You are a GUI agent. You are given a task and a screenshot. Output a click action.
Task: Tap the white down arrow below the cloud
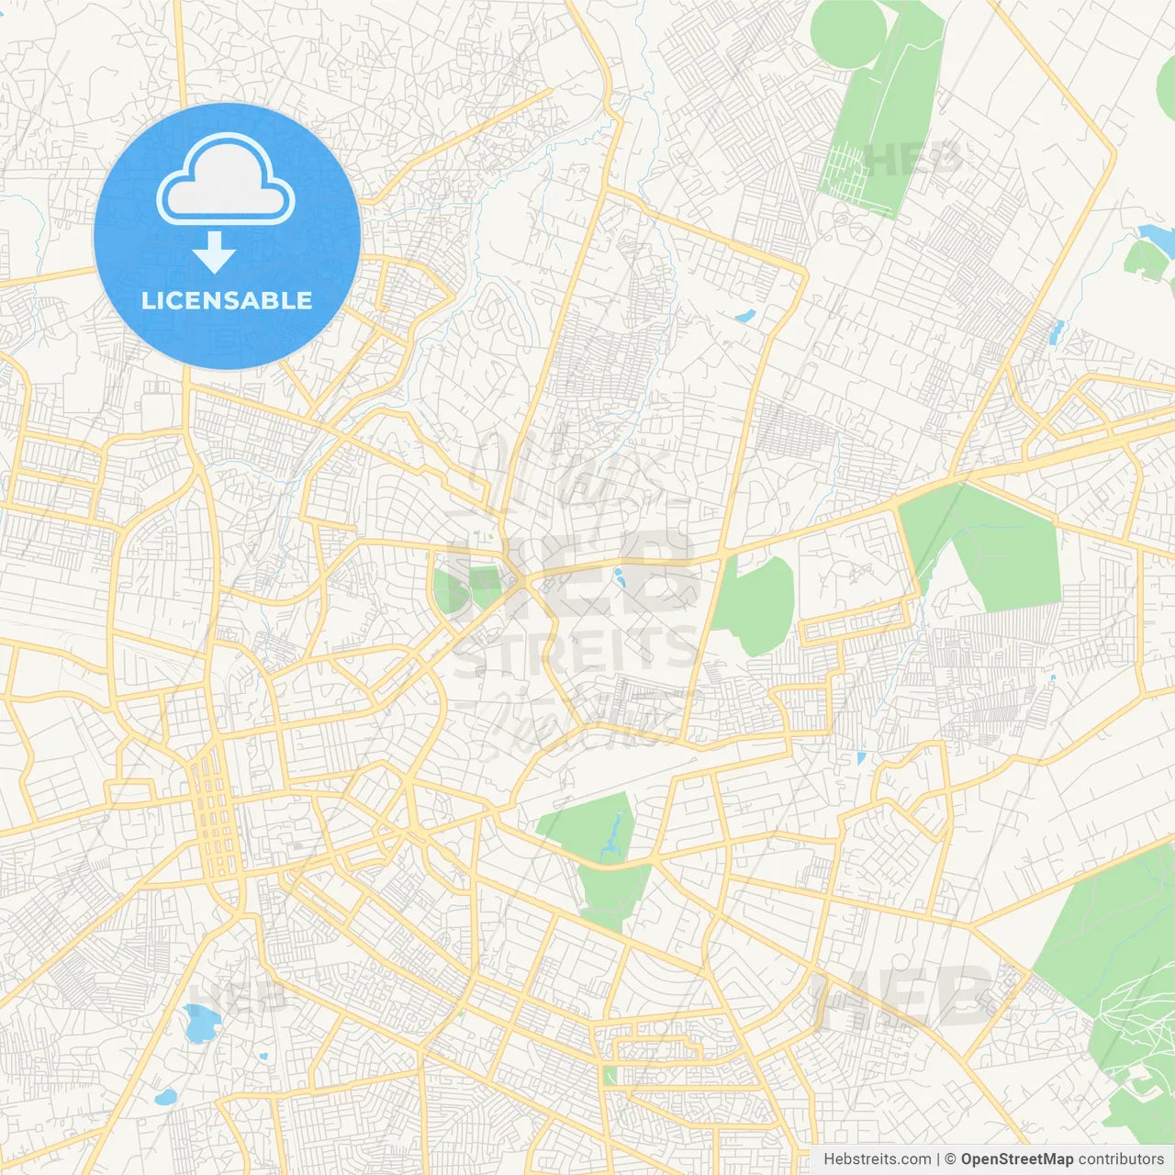[215, 252]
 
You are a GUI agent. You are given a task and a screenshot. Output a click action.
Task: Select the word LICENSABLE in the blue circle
[227, 300]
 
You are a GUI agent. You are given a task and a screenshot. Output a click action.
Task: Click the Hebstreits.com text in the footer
[877, 1159]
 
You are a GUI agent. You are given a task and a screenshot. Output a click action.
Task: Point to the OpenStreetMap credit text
[1016, 1159]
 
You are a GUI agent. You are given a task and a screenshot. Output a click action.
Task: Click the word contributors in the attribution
[1121, 1159]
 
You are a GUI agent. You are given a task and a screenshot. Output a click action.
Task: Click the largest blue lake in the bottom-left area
[200, 1024]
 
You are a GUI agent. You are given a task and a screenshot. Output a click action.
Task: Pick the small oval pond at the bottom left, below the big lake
[165, 1097]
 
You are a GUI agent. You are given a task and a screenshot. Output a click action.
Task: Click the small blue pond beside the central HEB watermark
[619, 577]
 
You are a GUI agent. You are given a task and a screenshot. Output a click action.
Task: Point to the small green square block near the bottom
[610, 1075]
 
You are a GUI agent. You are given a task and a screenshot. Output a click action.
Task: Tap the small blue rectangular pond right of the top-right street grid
[1056, 332]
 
